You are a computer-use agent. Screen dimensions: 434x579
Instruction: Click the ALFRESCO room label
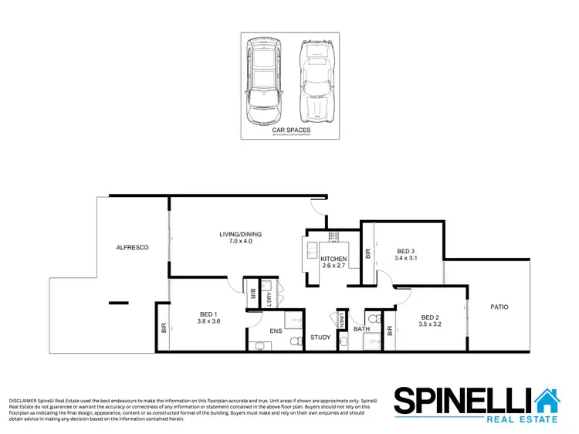[x=132, y=247]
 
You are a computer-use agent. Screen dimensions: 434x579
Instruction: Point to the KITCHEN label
[x=334, y=259]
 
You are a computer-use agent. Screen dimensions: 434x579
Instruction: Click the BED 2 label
[x=430, y=317]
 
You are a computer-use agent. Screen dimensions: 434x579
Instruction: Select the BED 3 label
[x=406, y=250]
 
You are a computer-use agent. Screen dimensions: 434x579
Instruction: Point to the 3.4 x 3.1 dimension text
[x=406, y=258]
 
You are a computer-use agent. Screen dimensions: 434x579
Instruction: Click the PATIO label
[x=499, y=307]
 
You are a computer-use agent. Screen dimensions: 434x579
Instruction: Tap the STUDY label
[x=320, y=337]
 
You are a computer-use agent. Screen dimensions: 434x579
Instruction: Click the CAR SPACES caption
[x=291, y=130]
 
